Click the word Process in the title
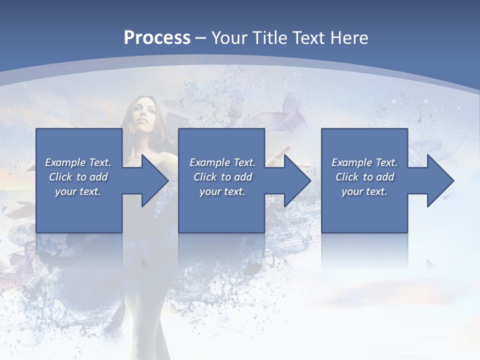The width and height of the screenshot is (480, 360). pyautogui.click(x=157, y=38)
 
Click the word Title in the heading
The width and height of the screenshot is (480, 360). pyautogui.click(x=270, y=38)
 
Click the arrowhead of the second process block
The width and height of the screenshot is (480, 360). pyautogui.click(x=297, y=180)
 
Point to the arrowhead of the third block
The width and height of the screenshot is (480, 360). pyautogui.click(x=440, y=180)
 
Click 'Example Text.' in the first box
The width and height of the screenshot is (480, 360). pyautogui.click(x=78, y=162)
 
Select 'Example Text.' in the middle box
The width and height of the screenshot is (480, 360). pyautogui.click(x=222, y=162)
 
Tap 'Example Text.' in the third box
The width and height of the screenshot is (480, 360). pyautogui.click(x=364, y=162)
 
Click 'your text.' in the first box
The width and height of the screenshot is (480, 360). pyautogui.click(x=78, y=191)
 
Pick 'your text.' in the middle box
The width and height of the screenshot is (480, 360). pyautogui.click(x=222, y=191)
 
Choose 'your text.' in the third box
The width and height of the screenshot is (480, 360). pyautogui.click(x=364, y=191)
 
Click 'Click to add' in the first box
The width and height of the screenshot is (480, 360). pyautogui.click(x=78, y=177)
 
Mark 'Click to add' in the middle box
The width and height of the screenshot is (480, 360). pyautogui.click(x=222, y=177)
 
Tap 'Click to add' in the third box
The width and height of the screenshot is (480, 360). pyautogui.click(x=364, y=177)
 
